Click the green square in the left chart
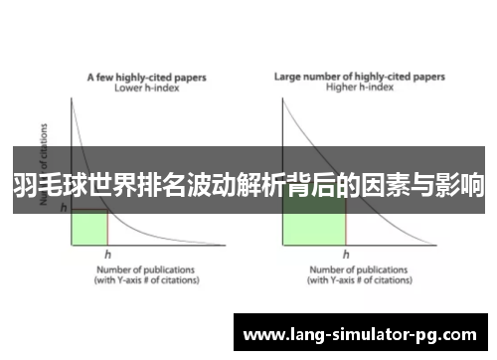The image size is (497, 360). point(88,226)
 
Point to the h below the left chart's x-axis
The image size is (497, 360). point(107,255)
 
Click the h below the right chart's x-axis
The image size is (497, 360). point(345,255)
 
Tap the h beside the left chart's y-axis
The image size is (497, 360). point(64,208)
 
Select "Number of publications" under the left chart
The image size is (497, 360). point(146,269)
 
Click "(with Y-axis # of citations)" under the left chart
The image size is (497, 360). point(146,279)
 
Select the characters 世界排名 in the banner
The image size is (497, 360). point(119,184)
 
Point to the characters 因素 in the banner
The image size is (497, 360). point(391,184)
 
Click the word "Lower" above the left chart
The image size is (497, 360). point(128,87)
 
